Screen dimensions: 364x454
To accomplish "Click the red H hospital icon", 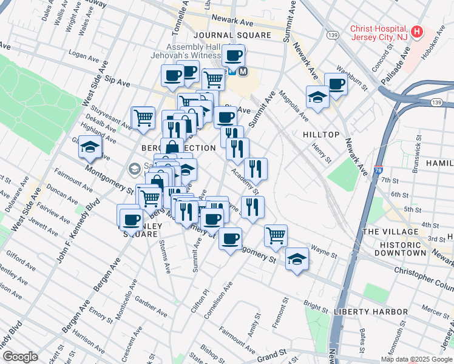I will [417, 32].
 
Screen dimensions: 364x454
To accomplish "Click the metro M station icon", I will [243, 71].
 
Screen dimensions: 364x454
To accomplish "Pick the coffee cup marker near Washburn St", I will [336, 84].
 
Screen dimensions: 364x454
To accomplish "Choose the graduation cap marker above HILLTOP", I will [317, 97].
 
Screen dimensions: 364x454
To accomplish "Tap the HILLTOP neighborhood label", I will [320, 133].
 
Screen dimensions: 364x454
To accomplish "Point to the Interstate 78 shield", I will [378, 172].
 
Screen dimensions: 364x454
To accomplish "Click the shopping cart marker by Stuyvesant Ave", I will [143, 117].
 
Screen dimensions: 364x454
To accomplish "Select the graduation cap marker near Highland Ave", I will [90, 147].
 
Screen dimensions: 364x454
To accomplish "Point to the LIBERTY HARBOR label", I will [370, 311].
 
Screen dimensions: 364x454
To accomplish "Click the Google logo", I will [20, 357].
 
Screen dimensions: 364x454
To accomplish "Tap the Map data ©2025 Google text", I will [416, 359].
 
